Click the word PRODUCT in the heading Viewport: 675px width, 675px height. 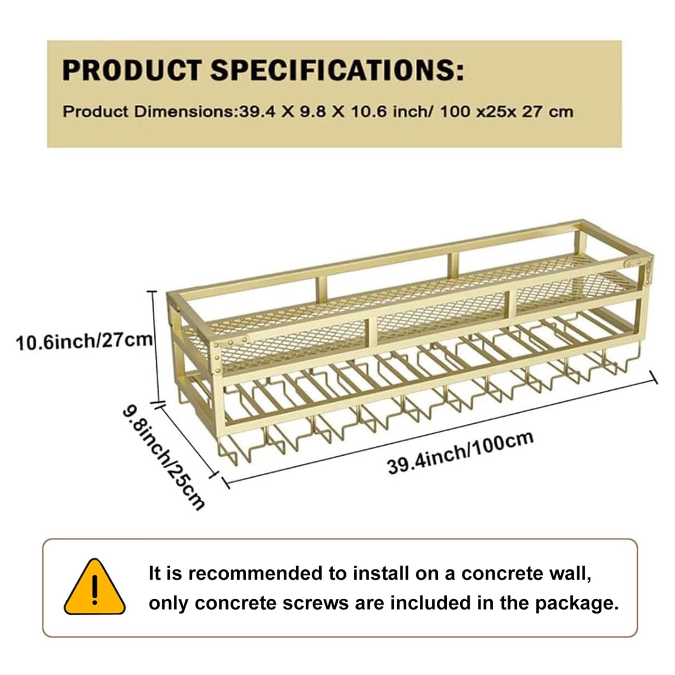[x=132, y=70]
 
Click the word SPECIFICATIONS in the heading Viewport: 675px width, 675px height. [x=337, y=70]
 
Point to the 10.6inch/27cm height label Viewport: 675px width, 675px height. [x=84, y=341]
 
